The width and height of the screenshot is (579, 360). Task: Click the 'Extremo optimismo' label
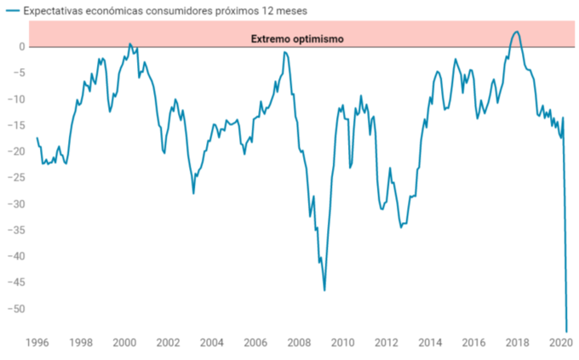click(x=297, y=39)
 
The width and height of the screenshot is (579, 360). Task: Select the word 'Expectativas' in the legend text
click(x=53, y=11)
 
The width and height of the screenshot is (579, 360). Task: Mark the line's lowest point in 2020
click(x=566, y=331)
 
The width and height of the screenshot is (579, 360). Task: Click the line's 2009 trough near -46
click(x=324, y=290)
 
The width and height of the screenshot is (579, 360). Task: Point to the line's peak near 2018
click(x=517, y=31)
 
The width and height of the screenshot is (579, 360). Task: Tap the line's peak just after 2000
click(x=130, y=43)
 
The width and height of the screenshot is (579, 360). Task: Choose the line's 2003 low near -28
click(x=193, y=193)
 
